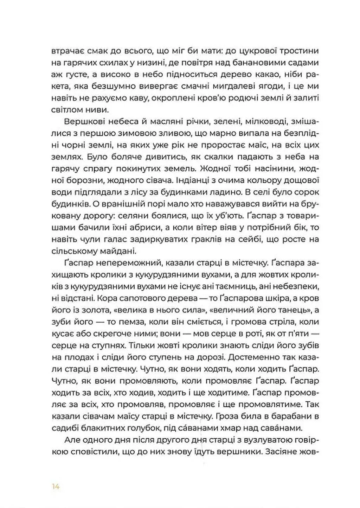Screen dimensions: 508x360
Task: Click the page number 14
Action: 56,487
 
